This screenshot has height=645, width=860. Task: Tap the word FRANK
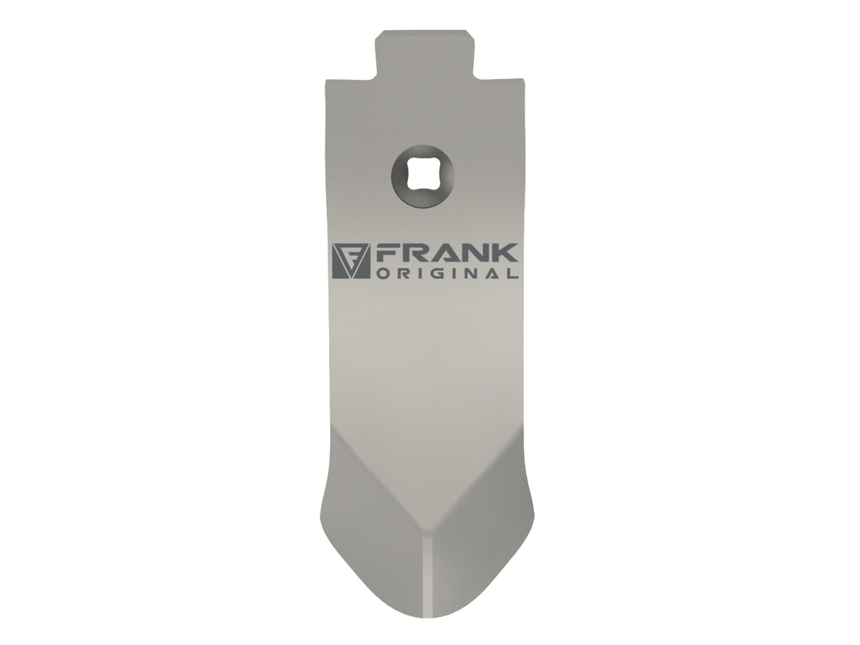point(446,254)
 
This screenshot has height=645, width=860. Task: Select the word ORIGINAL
point(446,273)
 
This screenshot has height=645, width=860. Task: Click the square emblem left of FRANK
point(351,261)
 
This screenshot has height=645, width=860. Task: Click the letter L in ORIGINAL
point(512,273)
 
